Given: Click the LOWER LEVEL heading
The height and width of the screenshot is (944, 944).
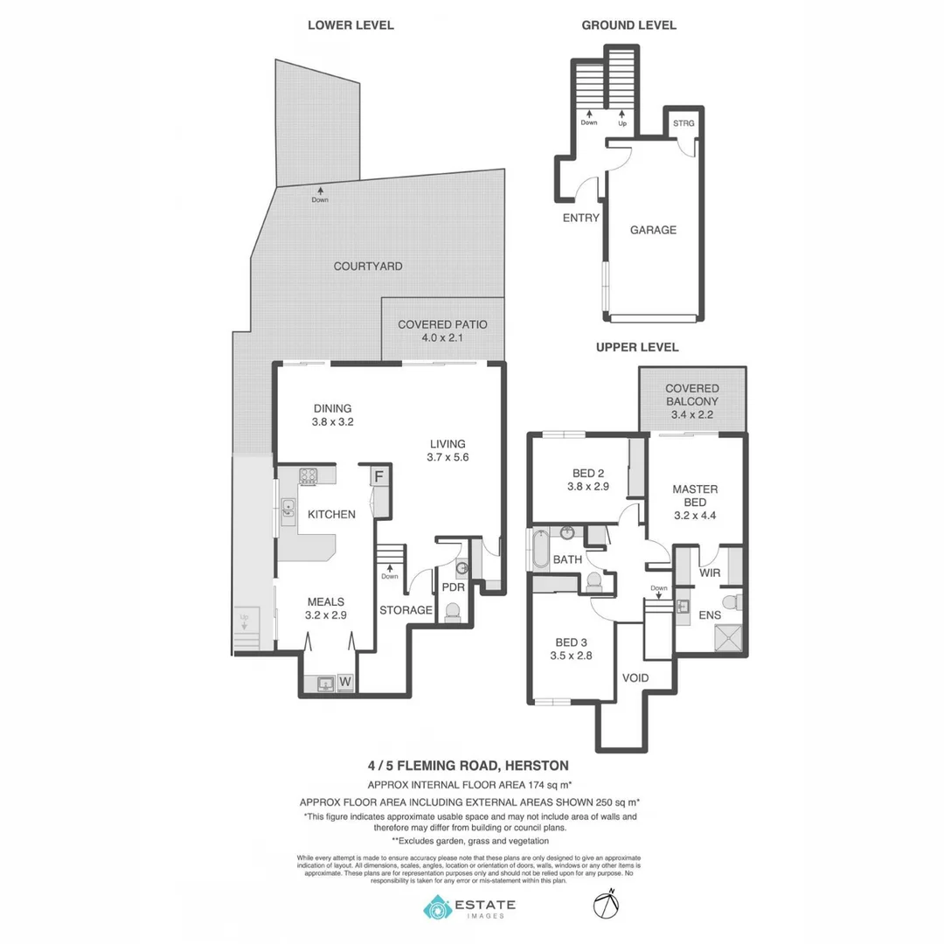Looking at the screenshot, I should click(351, 25).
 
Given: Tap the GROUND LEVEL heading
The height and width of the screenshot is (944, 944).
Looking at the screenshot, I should click(628, 25).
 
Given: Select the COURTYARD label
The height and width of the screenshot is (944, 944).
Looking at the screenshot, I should click(368, 266).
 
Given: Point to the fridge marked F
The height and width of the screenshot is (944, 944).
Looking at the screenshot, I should click(379, 476).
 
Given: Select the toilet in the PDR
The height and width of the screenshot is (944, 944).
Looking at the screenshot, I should click(453, 611).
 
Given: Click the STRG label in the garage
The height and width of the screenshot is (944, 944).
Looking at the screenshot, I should click(684, 123).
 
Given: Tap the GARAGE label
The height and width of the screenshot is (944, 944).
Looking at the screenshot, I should click(653, 230).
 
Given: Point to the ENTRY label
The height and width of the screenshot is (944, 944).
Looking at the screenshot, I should click(581, 218).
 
